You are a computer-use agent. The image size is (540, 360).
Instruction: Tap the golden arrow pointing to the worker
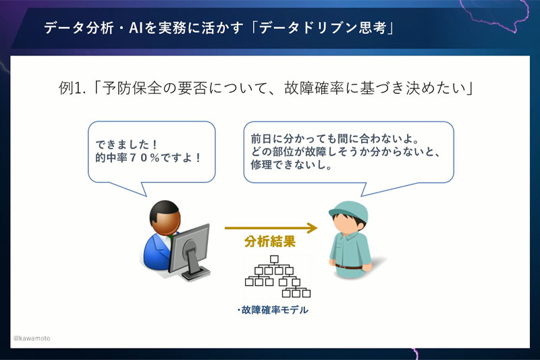click(x=271, y=228)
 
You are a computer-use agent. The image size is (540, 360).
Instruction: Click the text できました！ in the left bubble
click(x=126, y=143)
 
